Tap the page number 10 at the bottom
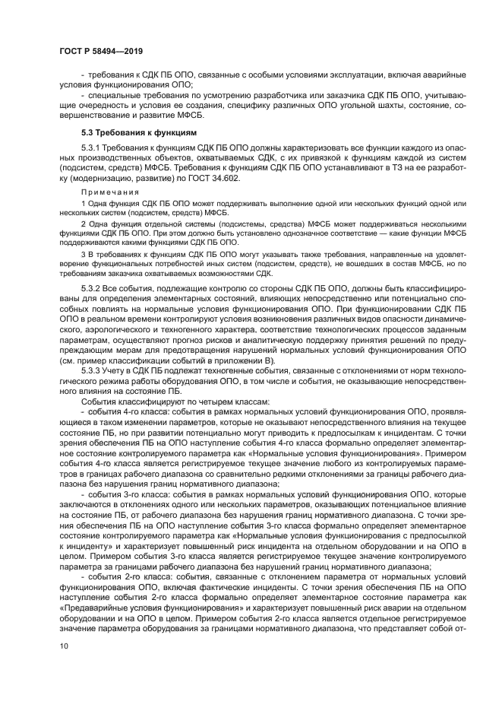[63, 646]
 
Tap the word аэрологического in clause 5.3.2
[113, 329]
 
